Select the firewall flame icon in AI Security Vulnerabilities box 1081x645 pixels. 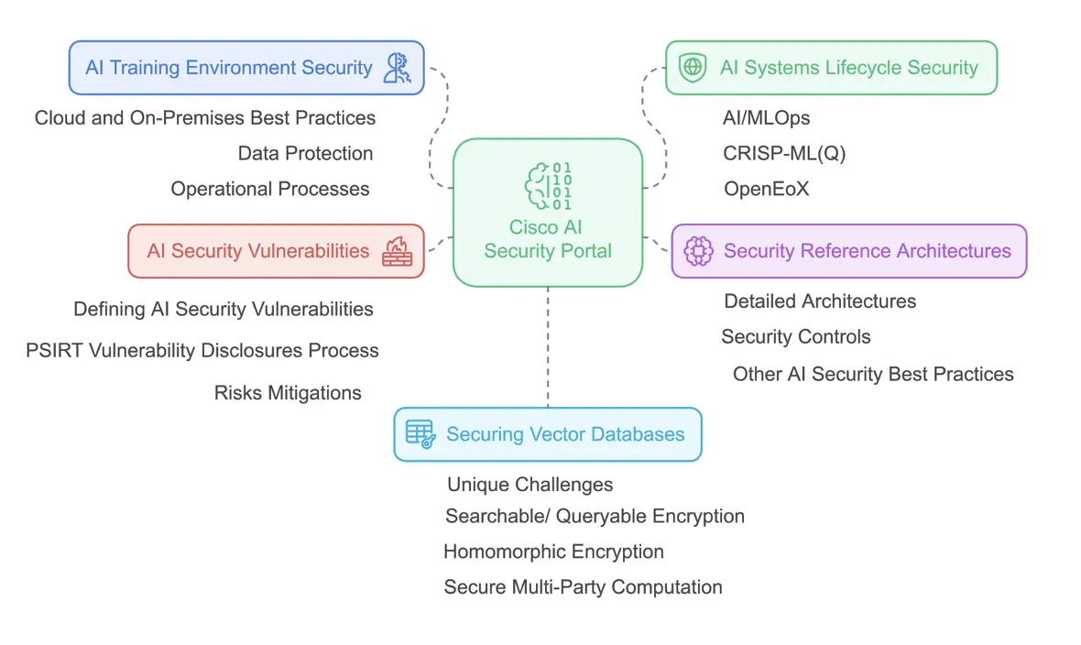click(x=397, y=251)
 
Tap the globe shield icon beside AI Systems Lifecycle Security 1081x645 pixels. click(x=693, y=68)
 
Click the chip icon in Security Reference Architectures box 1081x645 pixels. click(x=699, y=251)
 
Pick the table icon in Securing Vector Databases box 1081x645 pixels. click(x=420, y=434)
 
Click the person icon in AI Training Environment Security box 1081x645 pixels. click(x=398, y=68)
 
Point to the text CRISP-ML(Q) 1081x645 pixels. click(x=784, y=154)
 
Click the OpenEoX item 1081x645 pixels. click(x=766, y=190)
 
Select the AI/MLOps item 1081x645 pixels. click(x=767, y=118)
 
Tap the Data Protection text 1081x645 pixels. click(x=305, y=154)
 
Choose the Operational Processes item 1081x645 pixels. click(x=270, y=190)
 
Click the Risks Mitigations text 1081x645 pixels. click(x=288, y=393)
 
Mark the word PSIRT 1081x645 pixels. click(x=51, y=351)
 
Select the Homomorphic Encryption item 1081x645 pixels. click(x=553, y=552)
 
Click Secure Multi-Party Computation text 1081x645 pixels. click(x=583, y=587)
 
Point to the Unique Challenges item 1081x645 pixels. click(x=530, y=485)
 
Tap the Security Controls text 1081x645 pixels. click(x=795, y=337)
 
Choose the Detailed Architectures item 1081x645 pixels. click(x=820, y=301)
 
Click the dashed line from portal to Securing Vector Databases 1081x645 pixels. click(x=548, y=348)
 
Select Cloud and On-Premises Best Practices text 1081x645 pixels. click(x=205, y=118)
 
